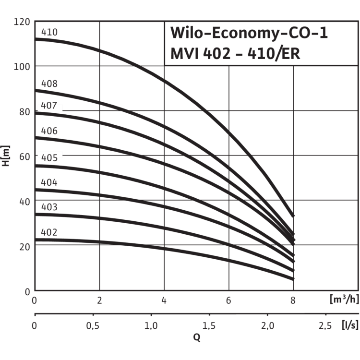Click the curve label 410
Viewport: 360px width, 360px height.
49,33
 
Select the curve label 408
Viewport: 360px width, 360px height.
49,84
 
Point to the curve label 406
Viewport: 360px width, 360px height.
49,131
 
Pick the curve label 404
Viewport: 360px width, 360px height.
49,182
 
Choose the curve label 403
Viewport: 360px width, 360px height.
49,207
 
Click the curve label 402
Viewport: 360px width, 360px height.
49,232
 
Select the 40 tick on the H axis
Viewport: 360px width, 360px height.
24,202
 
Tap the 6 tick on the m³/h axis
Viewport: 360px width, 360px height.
228,300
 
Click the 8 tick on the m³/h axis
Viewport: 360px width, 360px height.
293,300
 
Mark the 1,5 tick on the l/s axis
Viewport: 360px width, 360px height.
209,327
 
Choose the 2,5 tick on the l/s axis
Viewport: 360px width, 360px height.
325,327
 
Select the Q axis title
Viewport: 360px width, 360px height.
197,337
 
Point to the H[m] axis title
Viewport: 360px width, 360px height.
7,156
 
